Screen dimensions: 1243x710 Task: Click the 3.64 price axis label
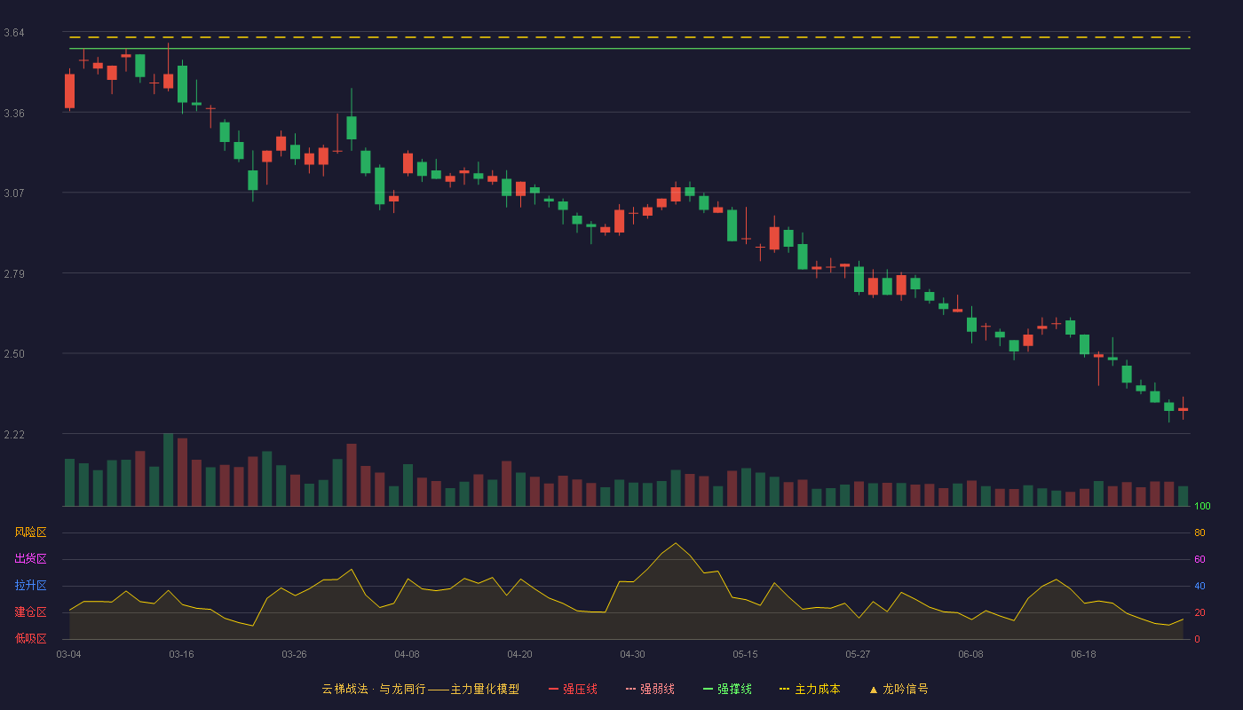pos(14,33)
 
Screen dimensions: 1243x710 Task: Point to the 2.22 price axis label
pos(14,434)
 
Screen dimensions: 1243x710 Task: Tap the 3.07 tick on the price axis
pos(14,193)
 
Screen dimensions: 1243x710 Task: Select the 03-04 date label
pos(69,654)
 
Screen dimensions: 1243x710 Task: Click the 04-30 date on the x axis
pos(632,654)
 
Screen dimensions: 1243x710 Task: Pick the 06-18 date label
pos(1084,654)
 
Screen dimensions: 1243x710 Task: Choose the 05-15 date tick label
pos(745,654)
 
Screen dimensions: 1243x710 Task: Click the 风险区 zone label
pos(30,532)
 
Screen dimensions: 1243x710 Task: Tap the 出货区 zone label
pos(30,558)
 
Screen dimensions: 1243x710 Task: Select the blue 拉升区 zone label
pos(30,585)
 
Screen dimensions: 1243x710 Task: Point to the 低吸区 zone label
pos(30,638)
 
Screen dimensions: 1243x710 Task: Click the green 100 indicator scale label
pos(1202,506)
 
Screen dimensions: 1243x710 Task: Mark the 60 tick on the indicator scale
pos(1199,559)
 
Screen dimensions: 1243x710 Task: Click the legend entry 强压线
pos(573,689)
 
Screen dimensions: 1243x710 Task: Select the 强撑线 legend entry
pos(727,689)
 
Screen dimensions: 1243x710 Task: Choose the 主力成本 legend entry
pos(810,689)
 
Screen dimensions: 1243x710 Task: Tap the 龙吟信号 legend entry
pos(899,689)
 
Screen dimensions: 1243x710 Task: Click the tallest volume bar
pos(168,469)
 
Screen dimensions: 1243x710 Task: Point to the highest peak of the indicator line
pos(676,543)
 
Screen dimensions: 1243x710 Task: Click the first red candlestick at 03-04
pos(69,91)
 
